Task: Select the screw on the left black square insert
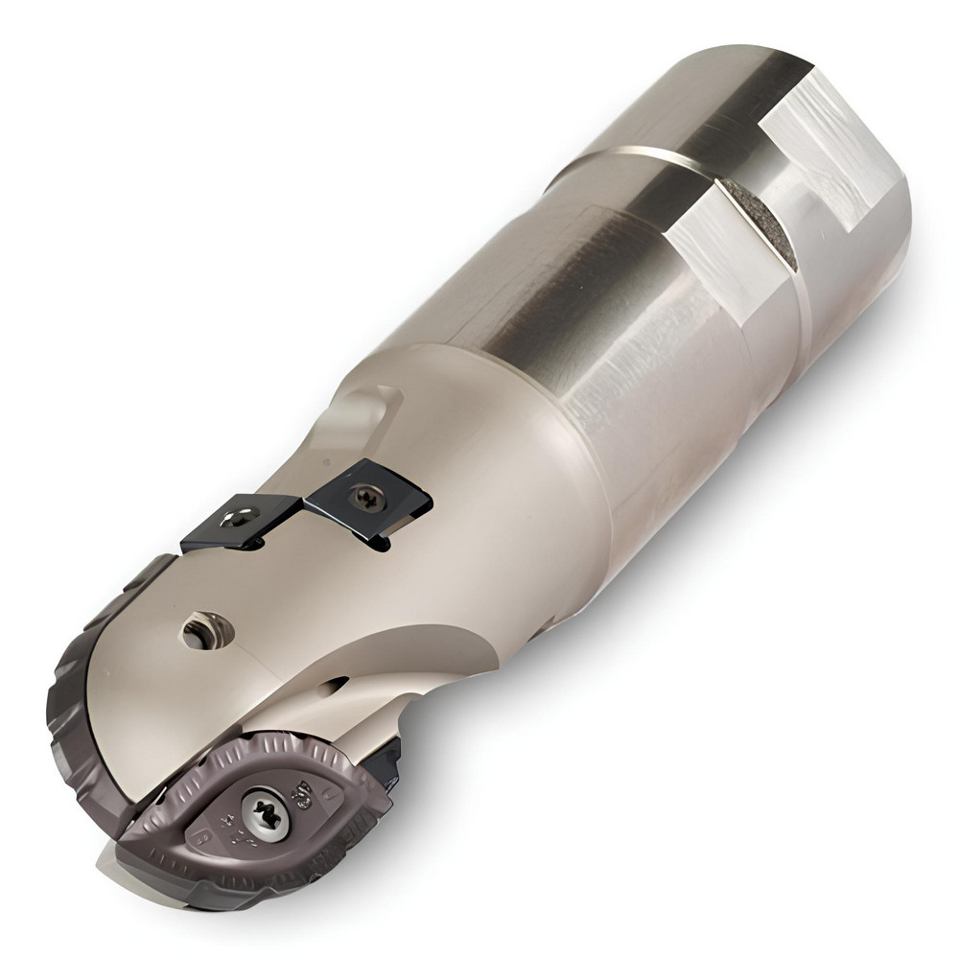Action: click(x=237, y=519)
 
